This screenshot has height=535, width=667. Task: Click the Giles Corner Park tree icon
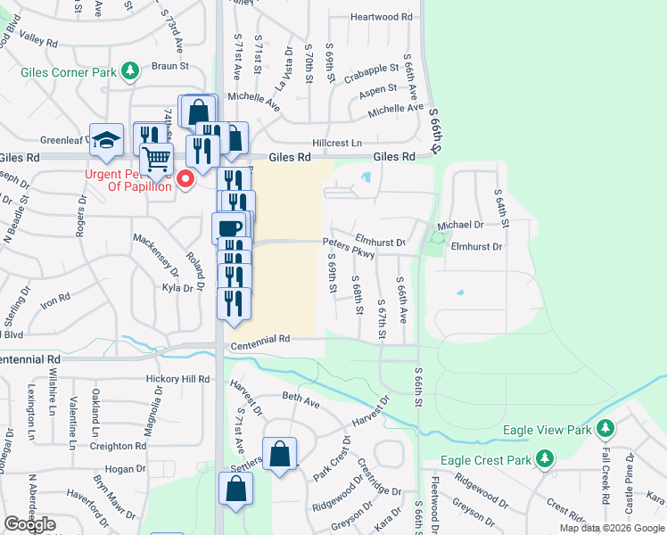tap(130, 70)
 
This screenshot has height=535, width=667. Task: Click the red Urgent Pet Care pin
tap(186, 178)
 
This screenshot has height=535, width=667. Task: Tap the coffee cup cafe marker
tap(229, 226)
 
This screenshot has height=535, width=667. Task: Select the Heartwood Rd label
tap(382, 17)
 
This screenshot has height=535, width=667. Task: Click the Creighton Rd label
tap(118, 446)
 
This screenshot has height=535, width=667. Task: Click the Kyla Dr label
tap(177, 288)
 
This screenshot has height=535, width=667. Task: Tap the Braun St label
tap(169, 66)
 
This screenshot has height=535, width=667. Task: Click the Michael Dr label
tap(460, 226)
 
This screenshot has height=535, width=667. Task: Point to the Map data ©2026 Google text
tap(611, 528)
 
